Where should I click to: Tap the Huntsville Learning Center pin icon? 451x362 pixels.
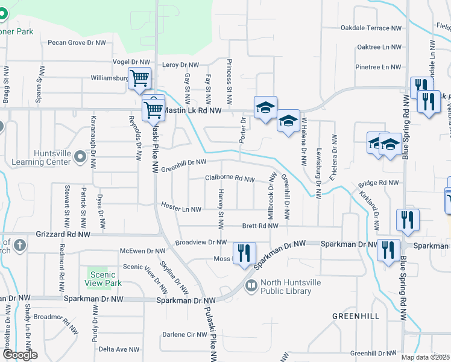click(80, 159)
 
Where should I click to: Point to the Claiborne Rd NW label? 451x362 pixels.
click(230, 178)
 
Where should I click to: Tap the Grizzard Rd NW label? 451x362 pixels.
click(63, 234)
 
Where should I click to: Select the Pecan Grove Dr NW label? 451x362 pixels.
click(74, 43)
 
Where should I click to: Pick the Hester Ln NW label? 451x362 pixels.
click(180, 206)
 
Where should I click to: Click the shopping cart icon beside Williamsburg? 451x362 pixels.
click(140, 78)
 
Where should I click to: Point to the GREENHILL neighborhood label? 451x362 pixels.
click(356, 316)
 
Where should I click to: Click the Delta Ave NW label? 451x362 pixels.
click(119, 349)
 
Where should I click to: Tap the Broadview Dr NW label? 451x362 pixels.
click(200, 242)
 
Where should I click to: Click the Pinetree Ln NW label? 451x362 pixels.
click(379, 67)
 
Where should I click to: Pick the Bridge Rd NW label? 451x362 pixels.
click(379, 182)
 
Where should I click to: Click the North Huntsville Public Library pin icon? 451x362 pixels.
click(251, 284)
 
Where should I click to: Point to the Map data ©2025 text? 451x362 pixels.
click(425, 357)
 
